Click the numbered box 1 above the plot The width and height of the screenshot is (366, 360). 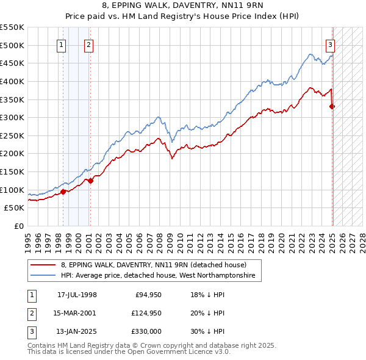coord(62,44)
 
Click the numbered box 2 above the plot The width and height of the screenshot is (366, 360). coord(88,44)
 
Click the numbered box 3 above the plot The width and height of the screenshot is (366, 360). coord(330,44)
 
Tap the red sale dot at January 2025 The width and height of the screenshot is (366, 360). coord(332,106)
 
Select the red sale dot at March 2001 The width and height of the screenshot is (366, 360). coord(90,181)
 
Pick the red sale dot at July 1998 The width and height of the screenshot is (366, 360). coord(63,192)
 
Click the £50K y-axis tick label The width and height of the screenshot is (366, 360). coord(15,208)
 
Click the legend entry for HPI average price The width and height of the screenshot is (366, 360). coord(158,276)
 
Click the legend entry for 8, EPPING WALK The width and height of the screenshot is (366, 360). coord(153,265)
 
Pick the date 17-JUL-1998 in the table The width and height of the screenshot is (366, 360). coord(77,295)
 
